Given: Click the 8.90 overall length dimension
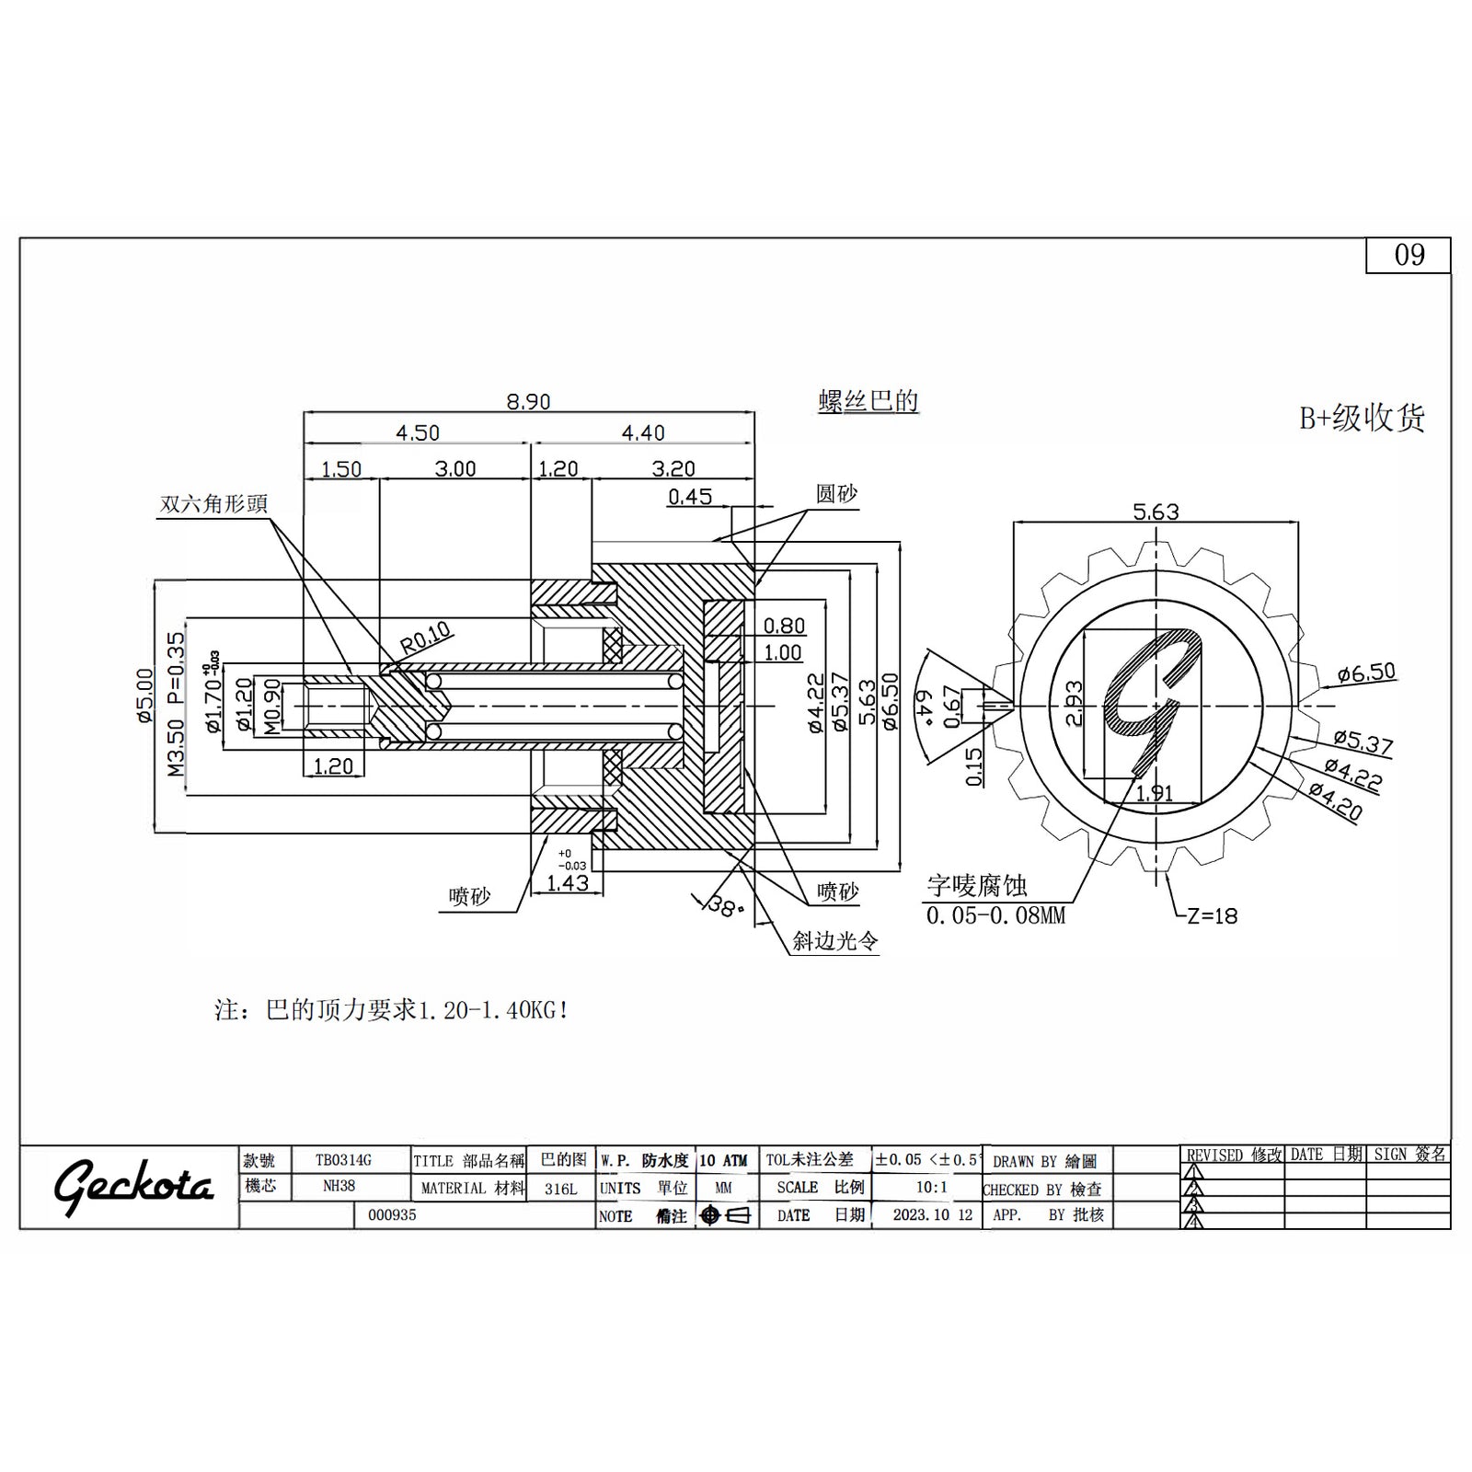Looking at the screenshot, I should (x=528, y=401).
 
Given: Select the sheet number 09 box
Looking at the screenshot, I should (x=1409, y=255).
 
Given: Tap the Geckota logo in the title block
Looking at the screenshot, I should (x=132, y=1187).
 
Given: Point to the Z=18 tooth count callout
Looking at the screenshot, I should (x=1212, y=915).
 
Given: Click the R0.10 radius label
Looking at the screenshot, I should (x=426, y=638).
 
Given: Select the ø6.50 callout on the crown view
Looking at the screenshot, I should (x=1366, y=673).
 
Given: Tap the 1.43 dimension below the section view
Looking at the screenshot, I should (x=568, y=883).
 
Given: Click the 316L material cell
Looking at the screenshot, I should (x=560, y=1189).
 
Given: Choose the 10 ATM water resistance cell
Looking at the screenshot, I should (x=723, y=1161).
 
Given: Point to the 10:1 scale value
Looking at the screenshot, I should (x=931, y=1188).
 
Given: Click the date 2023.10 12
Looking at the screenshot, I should (x=932, y=1215).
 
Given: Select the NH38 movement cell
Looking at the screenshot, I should (x=339, y=1187).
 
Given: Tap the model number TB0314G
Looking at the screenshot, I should (x=343, y=1160).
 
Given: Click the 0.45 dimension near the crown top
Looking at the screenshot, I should (x=690, y=497).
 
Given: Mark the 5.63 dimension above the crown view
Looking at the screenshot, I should (x=1156, y=512).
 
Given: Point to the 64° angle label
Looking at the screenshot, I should (x=925, y=707).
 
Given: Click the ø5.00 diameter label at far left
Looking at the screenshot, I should (x=145, y=696).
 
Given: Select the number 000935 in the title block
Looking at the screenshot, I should (x=392, y=1215).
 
